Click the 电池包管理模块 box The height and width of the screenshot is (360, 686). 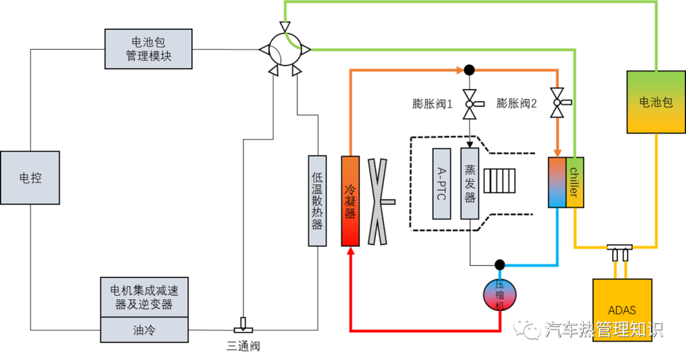[x=148, y=49]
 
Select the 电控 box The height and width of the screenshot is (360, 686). [x=30, y=178]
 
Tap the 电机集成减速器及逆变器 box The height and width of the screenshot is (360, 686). [x=144, y=297]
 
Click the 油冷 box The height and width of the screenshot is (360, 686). [x=144, y=330]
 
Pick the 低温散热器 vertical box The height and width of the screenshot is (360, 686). [x=317, y=201]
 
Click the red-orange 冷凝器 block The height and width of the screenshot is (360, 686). [x=350, y=201]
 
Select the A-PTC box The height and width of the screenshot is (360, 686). [x=441, y=184]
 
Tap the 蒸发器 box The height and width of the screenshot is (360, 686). [x=469, y=184]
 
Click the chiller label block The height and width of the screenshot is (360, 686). [x=574, y=182]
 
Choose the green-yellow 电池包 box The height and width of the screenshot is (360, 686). [x=656, y=102]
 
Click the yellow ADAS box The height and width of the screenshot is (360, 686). [x=622, y=310]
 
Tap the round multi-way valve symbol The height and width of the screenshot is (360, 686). [x=285, y=50]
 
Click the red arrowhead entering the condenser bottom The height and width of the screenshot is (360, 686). [x=350, y=251]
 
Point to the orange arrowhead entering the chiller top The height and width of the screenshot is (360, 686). [x=557, y=152]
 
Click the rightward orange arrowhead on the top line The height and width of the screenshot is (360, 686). [x=461, y=70]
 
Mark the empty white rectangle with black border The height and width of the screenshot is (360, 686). [x=243, y=346]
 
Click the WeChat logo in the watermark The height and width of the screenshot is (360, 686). [x=527, y=328]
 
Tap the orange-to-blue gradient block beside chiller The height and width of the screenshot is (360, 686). [x=557, y=182]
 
